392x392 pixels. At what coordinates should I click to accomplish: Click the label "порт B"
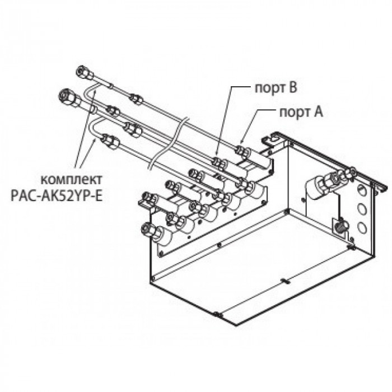[x=276, y=88]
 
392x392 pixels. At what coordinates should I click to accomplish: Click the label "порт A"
[x=301, y=112]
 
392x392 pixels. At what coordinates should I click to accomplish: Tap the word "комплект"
[x=72, y=180]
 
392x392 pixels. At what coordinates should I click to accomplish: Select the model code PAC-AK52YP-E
[x=57, y=196]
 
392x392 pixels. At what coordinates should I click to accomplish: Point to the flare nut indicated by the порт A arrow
[x=241, y=151]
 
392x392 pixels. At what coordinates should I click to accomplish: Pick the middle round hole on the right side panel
[x=362, y=209]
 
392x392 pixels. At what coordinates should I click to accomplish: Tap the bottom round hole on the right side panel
[x=362, y=227]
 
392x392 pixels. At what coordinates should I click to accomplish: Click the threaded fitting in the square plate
[x=340, y=225]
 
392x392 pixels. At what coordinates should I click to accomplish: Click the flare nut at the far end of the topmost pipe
[x=85, y=72]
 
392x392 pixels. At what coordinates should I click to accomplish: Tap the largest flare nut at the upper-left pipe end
[x=68, y=98]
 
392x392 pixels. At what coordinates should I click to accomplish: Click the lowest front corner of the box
[x=236, y=325]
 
